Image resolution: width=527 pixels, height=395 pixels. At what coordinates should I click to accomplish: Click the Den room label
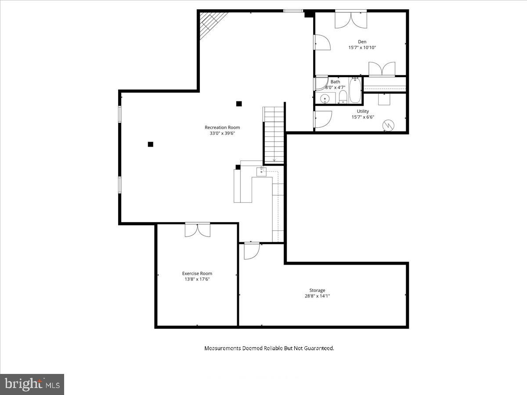[x=362, y=42]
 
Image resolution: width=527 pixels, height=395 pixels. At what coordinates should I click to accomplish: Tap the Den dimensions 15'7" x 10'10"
[x=362, y=47]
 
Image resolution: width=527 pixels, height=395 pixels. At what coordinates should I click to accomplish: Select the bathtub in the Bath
[x=354, y=90]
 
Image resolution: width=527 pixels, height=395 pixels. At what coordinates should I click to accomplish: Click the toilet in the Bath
[x=343, y=96]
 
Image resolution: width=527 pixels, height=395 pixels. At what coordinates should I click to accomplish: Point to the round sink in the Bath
[x=325, y=98]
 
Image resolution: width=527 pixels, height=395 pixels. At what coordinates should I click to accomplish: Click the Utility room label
[x=363, y=111]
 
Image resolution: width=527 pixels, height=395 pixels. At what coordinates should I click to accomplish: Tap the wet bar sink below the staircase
[x=262, y=171]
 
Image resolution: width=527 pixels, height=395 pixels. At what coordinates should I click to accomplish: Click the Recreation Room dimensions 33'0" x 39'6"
[x=222, y=133]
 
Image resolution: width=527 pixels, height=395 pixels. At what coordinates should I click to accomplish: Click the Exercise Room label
[x=197, y=273]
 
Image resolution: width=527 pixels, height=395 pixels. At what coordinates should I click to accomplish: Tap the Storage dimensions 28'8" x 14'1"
[x=317, y=296]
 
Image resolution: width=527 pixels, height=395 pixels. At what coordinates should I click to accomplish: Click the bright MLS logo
[x=32, y=384]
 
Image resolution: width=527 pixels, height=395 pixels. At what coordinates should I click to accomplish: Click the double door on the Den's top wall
[x=350, y=19]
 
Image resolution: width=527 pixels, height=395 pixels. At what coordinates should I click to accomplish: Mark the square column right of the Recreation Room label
[x=239, y=104]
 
